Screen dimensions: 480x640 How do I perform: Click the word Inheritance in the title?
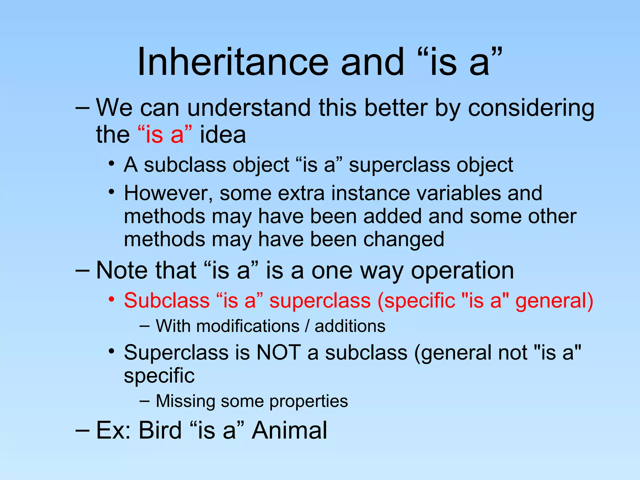(x=233, y=62)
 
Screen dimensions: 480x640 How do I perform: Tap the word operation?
(x=462, y=271)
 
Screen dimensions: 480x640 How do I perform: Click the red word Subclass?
(x=167, y=301)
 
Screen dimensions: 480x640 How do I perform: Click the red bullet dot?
(x=111, y=299)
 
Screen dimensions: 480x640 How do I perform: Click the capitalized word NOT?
(x=278, y=352)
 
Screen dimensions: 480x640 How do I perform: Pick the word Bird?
(x=160, y=430)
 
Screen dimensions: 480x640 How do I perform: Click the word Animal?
(x=289, y=430)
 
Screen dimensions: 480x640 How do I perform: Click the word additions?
(x=350, y=326)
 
